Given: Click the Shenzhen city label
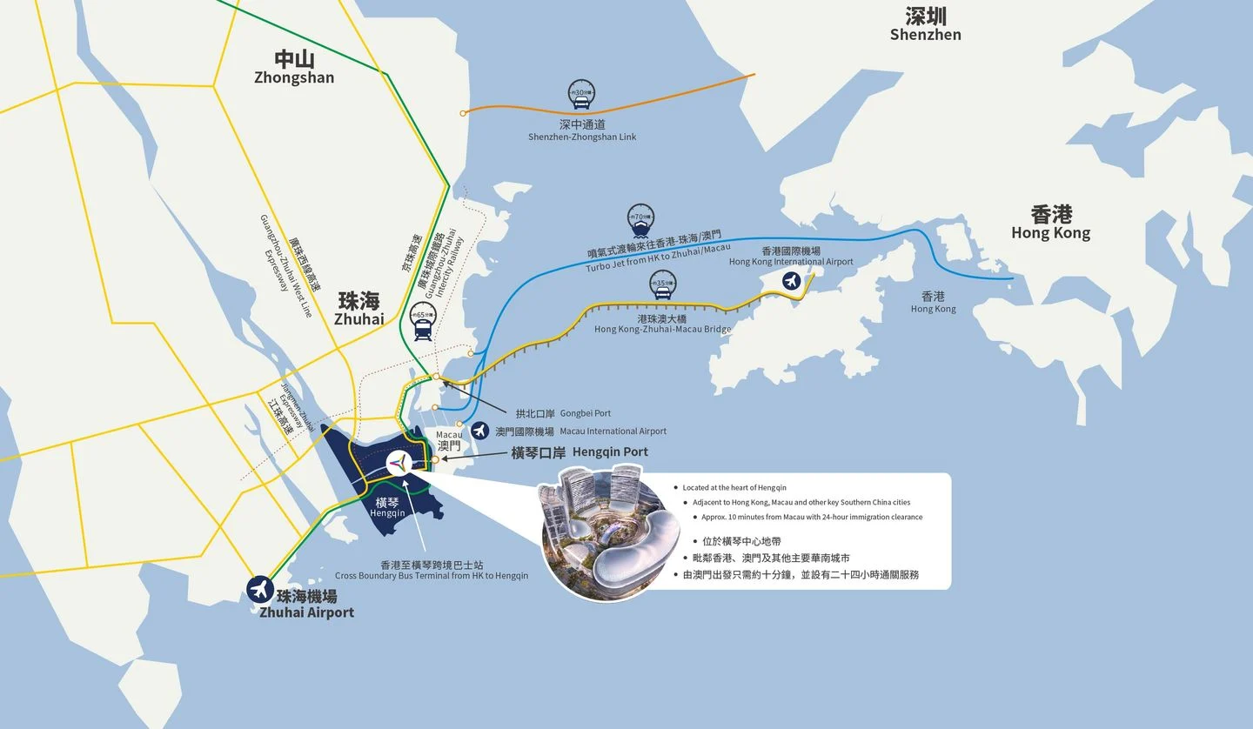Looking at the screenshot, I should coord(925,24).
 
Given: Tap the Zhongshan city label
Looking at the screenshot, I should coord(294,67).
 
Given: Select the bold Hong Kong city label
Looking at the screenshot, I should coord(1050,222).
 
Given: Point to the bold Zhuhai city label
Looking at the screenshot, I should coord(358,309).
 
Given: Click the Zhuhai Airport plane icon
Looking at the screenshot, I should coord(260,589).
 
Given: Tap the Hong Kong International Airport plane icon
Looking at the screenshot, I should coord(791,281).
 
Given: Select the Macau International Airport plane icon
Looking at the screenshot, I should coord(479,431).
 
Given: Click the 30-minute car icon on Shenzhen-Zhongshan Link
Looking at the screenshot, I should coord(580,92).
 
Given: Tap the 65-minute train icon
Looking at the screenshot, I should coord(423,323).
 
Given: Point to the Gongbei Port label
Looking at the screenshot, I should coord(563,414).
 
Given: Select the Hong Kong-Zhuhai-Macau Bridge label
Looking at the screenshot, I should coord(662,324).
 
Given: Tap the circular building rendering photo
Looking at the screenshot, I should coord(606,532).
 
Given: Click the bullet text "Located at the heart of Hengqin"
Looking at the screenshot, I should coord(734,488).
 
